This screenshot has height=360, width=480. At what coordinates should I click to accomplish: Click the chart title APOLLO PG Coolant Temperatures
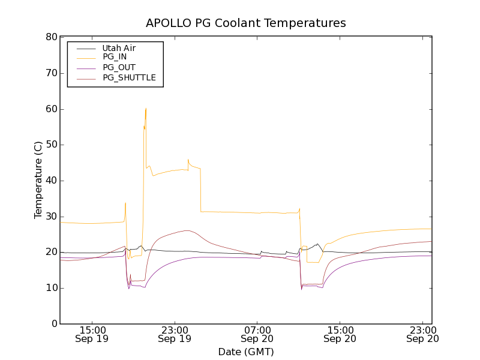(246, 23)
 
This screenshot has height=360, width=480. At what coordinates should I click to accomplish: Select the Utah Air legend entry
(119, 48)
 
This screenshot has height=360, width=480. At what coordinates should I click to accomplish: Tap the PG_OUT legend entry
(119, 67)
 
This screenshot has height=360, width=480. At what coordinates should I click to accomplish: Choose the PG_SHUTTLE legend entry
(129, 77)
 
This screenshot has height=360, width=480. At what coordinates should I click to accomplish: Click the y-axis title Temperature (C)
(38, 180)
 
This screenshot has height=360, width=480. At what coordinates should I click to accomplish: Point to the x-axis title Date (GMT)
(246, 352)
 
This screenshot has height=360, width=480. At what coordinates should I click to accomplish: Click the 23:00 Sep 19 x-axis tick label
(175, 334)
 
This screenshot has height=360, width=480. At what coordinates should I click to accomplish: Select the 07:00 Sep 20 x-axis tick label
(257, 334)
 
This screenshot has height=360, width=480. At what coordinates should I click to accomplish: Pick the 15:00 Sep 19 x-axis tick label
(92, 334)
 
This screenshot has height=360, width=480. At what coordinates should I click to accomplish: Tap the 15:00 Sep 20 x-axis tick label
(340, 334)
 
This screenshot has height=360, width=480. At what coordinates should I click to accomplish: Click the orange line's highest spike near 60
(146, 109)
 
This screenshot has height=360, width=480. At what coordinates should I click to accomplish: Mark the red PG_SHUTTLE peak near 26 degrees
(187, 230)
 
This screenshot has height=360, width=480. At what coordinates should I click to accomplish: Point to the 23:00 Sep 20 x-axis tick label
(422, 334)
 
